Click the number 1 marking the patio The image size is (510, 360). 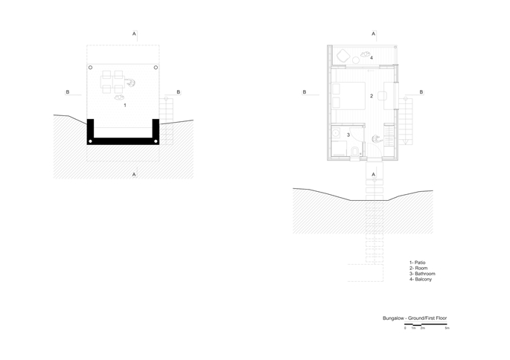(125, 106)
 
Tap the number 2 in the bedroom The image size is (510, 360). (372, 96)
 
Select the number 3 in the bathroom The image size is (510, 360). (348, 135)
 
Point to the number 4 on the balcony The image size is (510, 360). (372, 58)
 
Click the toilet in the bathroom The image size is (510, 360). (355, 152)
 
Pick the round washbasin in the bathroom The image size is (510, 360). (336, 132)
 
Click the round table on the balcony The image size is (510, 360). (356, 60)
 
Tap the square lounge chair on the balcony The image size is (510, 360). (342, 56)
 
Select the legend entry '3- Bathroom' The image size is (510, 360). (422, 274)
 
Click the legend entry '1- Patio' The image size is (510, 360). (417, 263)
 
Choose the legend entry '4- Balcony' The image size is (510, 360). (421, 279)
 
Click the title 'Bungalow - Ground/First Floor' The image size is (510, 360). (415, 318)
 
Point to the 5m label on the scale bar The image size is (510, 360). (447, 328)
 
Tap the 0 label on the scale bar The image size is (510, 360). (405, 328)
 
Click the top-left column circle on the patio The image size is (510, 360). (90, 68)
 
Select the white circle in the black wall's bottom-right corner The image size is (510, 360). (156, 141)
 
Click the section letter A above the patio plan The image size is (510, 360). (134, 33)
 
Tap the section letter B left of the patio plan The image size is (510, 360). (68, 92)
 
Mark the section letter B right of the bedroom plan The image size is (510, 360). (421, 92)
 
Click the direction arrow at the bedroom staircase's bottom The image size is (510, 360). (405, 142)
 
